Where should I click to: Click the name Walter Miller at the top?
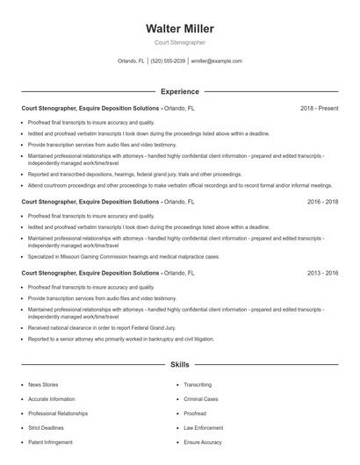pyautogui.click(x=179, y=29)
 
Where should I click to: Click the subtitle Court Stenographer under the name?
pyautogui.click(x=179, y=42)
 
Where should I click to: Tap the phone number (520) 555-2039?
pyautogui.click(x=168, y=61)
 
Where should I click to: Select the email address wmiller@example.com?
pyautogui.click(x=216, y=61)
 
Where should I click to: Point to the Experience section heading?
pyautogui.click(x=179, y=91)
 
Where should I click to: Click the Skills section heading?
pyautogui.click(x=179, y=363)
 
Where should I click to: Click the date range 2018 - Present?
pyautogui.click(x=319, y=108)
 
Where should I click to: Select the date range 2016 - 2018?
pyautogui.click(x=322, y=202)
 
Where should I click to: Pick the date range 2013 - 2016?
pyautogui.click(x=322, y=274)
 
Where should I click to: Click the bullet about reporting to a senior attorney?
pyautogui.click(x=120, y=339)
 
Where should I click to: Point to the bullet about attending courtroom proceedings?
pyautogui.click(x=180, y=186)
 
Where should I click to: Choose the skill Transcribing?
pyautogui.click(x=198, y=384)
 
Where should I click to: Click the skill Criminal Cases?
pyautogui.click(x=201, y=398)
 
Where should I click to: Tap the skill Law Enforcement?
pyautogui.click(x=203, y=427)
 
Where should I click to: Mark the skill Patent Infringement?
pyautogui.click(x=52, y=442)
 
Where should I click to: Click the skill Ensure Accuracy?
pyautogui.click(x=203, y=442)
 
